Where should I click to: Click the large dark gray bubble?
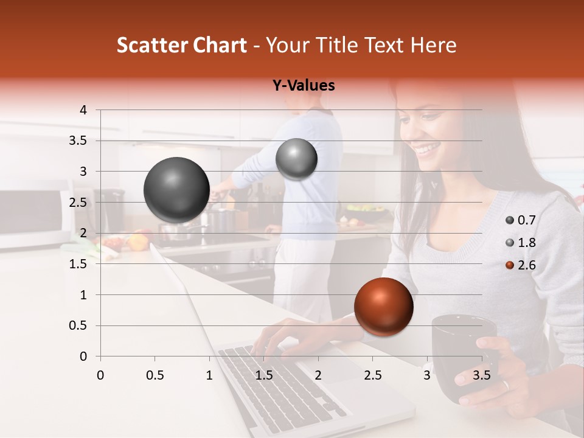pos(176,190)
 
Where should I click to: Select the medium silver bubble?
pos(296,159)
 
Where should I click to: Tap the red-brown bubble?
pos(383,307)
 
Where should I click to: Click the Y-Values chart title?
pos(303,86)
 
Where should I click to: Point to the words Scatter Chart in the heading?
pos(181,45)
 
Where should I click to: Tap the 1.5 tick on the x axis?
pos(263,375)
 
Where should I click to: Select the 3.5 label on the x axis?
pos(482,375)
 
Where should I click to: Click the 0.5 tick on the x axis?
pos(155,375)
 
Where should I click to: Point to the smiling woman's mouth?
pos(429,148)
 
